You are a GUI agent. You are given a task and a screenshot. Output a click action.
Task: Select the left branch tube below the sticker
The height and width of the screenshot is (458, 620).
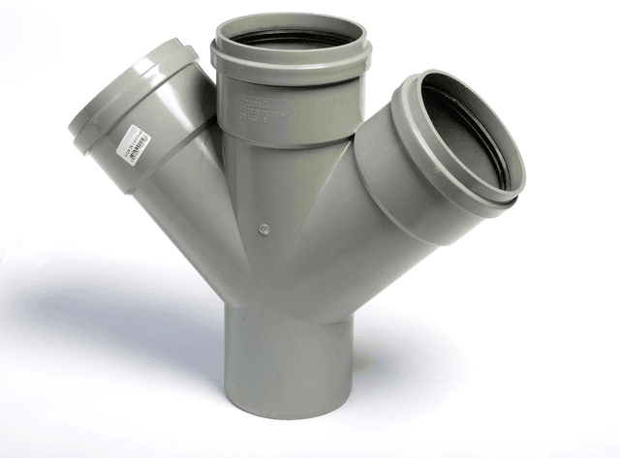click(184, 194)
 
